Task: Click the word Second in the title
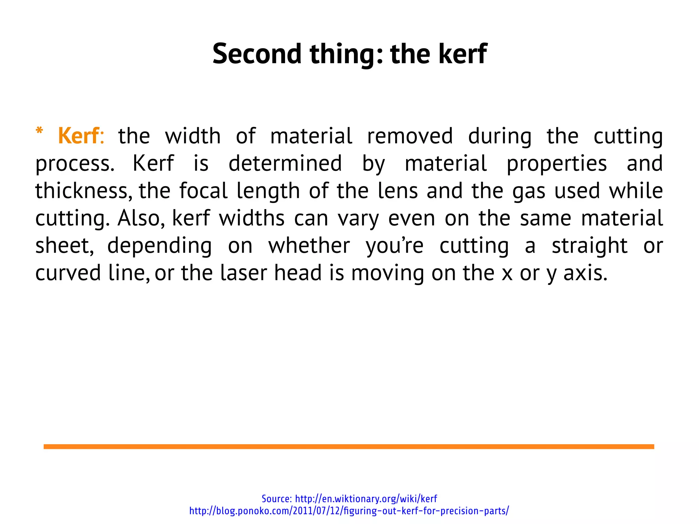point(257,54)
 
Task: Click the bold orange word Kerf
point(79,136)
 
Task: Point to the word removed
point(410,136)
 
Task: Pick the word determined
point(285,163)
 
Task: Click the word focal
point(203,190)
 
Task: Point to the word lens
point(398,190)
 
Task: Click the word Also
point(141,218)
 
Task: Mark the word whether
point(309,245)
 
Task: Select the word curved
point(68,273)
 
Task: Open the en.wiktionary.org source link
point(366,499)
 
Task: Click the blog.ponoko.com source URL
point(349,511)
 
